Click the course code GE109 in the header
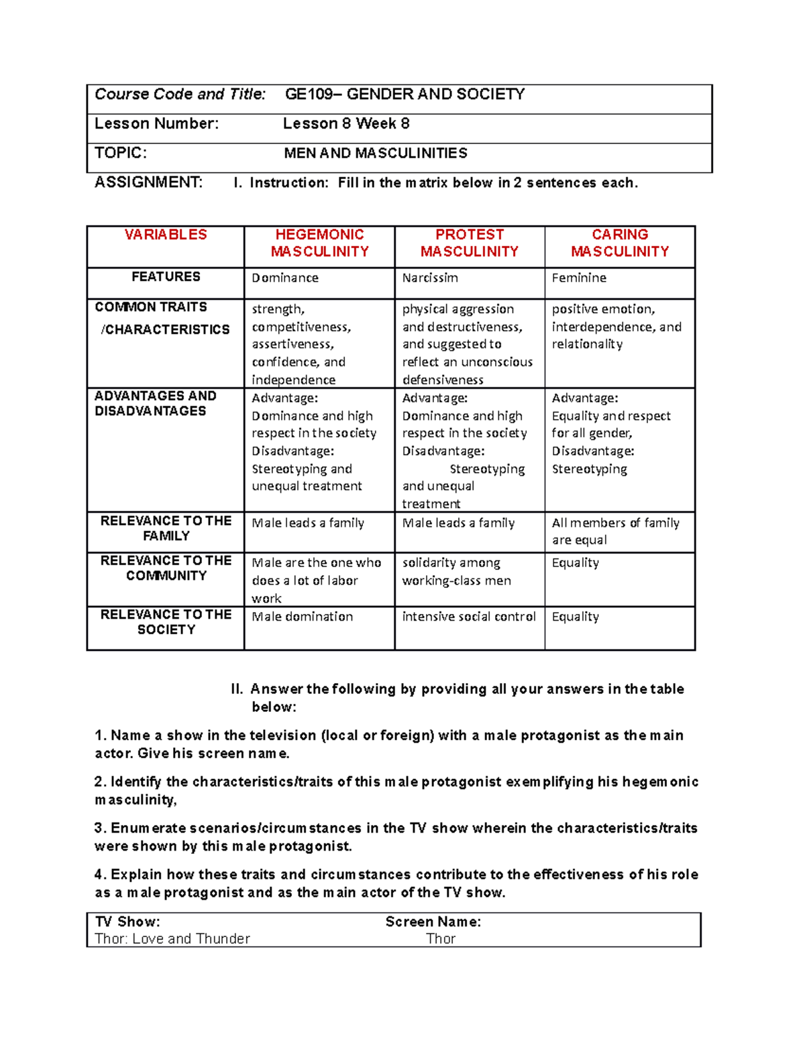pos(309,95)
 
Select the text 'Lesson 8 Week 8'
pos(346,124)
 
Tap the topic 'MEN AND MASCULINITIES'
pos(376,154)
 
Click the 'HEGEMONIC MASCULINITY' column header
pos(319,243)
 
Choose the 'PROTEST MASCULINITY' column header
pos(470,243)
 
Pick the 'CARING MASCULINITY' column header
pos(620,243)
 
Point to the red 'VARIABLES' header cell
pos(166,235)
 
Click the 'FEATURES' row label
pos(166,277)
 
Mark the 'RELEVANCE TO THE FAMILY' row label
pos(166,528)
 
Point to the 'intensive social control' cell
pos(469,617)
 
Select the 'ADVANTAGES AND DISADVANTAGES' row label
pos(156,404)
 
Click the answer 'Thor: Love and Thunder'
pos(172,939)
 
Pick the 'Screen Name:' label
pos(433,922)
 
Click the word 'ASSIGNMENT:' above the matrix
pos(148,182)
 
